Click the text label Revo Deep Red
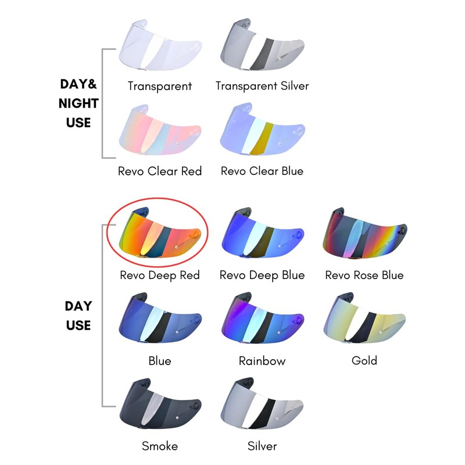point(160,275)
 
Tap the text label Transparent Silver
point(262,86)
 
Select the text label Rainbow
point(262,361)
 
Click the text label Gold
point(364,360)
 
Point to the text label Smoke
point(160,446)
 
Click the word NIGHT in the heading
point(78,103)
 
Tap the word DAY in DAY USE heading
point(78,306)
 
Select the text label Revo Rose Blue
point(364,275)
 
